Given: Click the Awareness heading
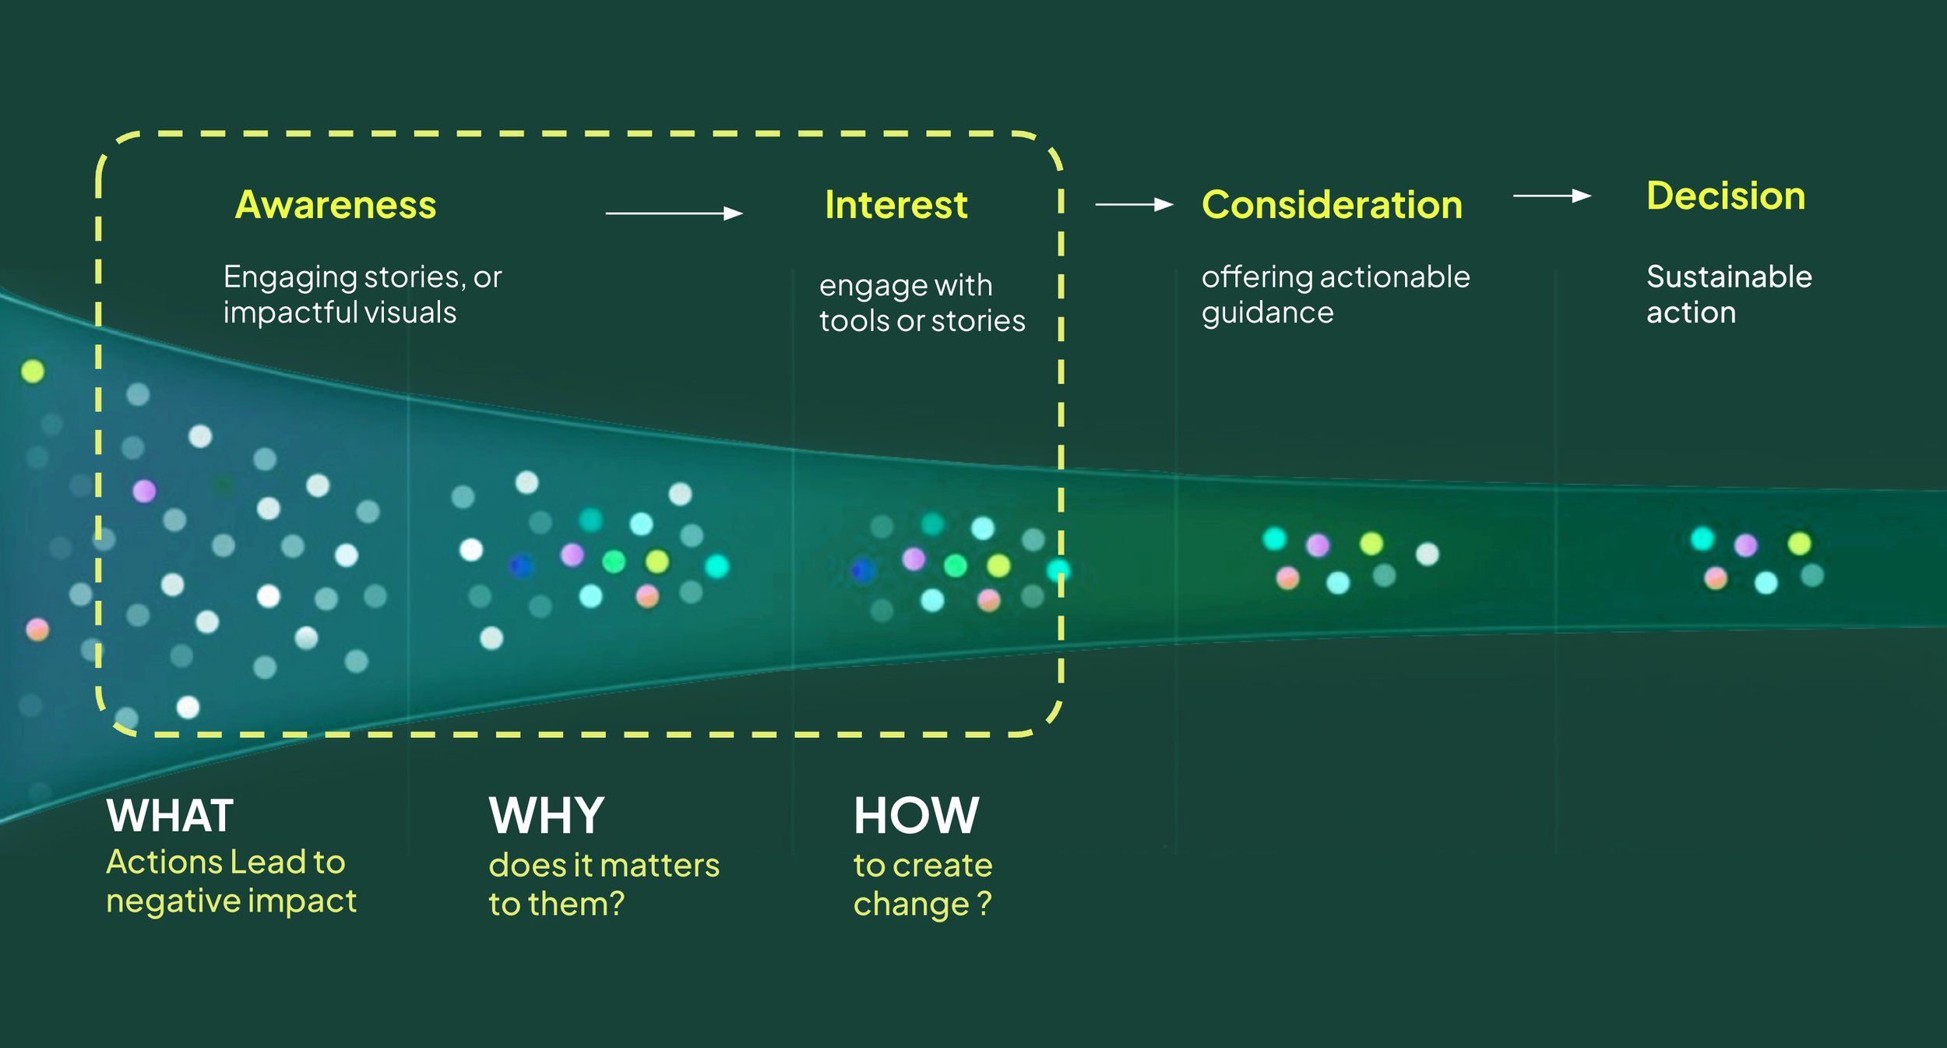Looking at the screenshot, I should click(x=336, y=205).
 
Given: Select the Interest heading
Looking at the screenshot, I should click(x=896, y=205).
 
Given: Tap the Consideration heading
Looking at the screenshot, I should click(x=1332, y=205).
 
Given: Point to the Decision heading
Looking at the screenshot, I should click(x=1726, y=196).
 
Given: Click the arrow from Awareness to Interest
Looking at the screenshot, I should click(x=674, y=213).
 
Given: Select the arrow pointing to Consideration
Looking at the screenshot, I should click(x=1134, y=204).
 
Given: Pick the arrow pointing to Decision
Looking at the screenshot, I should click(x=1551, y=196).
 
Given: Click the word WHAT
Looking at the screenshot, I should click(x=170, y=816).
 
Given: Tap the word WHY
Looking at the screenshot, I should click(x=547, y=816).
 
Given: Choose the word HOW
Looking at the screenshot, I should click(x=916, y=816).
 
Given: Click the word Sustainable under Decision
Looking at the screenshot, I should click(x=1729, y=277).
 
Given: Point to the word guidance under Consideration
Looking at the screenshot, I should click(x=1267, y=312).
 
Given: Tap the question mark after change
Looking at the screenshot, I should click(x=984, y=903).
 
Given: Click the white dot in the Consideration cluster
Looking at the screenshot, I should click(x=1427, y=554).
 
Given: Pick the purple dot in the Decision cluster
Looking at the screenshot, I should click(x=1745, y=545).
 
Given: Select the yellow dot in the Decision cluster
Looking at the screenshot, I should click(x=1799, y=543).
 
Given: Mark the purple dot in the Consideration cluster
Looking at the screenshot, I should click(x=1317, y=545).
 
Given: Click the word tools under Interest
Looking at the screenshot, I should click(x=854, y=321).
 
